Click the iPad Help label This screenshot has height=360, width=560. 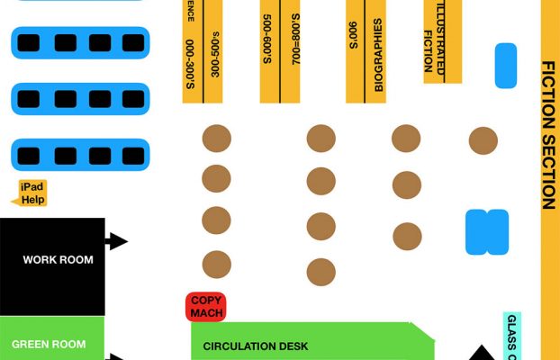pyautogui.click(x=32, y=193)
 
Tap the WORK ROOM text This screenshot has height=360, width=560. pyautogui.click(x=58, y=260)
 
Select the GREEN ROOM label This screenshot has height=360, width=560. pyautogui.click(x=49, y=344)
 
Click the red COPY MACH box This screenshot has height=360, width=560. pyautogui.click(x=206, y=307)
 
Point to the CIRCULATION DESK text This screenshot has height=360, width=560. pyautogui.click(x=256, y=346)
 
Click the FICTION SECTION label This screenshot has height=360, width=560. pyautogui.click(x=547, y=135)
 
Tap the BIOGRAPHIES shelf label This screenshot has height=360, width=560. pyautogui.click(x=379, y=56)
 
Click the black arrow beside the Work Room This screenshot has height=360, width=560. pyautogui.click(x=116, y=241)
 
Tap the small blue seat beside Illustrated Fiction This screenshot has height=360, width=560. pyautogui.click(x=506, y=66)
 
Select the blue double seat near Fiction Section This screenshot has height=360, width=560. pyautogui.click(x=487, y=232)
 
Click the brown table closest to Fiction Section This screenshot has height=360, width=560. pyautogui.click(x=483, y=140)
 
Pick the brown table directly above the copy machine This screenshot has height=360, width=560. pyautogui.click(x=216, y=265)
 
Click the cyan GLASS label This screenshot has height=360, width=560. pyautogui.click(x=510, y=337)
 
